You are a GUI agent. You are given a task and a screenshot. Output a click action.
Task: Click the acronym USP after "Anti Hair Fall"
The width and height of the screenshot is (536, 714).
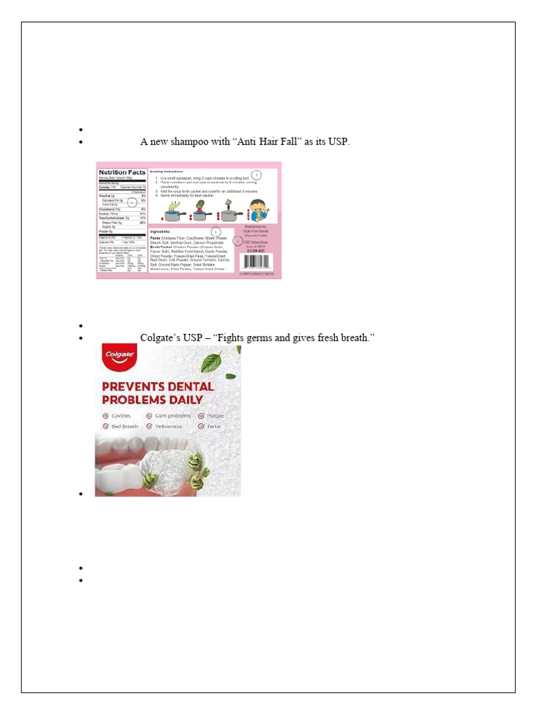[x=336, y=142]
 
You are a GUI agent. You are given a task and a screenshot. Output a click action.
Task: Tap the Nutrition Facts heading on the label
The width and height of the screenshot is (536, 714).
[x=122, y=172]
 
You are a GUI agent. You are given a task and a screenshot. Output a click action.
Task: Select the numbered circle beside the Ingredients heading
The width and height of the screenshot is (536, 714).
[x=216, y=231]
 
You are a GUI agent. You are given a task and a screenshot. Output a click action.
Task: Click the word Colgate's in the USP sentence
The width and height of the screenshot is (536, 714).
[x=161, y=338]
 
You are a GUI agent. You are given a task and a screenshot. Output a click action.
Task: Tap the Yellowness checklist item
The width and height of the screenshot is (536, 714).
[x=168, y=426]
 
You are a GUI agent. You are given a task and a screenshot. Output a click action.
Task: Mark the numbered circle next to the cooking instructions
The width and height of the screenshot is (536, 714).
[x=256, y=175]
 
